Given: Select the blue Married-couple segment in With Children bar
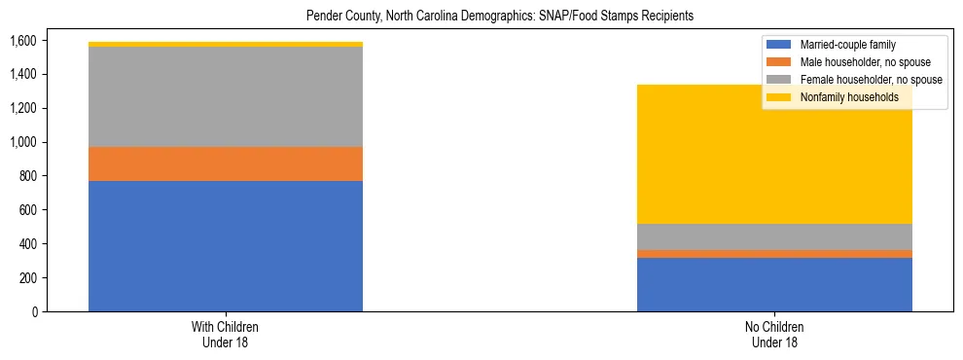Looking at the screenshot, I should [226, 246].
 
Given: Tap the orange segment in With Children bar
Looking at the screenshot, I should [226, 163].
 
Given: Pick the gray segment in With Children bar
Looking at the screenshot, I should [226, 96].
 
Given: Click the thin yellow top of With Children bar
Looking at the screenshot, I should [226, 44].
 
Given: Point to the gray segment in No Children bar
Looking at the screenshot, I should [774, 236].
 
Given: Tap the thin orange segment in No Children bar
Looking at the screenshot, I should [774, 254].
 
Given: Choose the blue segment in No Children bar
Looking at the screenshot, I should [774, 284].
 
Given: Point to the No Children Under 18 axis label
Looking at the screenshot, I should [775, 335].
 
